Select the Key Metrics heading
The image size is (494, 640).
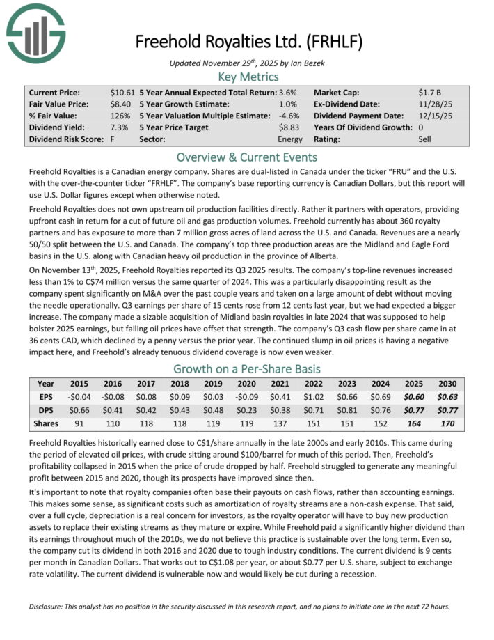point(248,77)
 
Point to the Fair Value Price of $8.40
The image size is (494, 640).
point(122,104)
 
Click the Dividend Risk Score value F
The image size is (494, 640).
point(112,139)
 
